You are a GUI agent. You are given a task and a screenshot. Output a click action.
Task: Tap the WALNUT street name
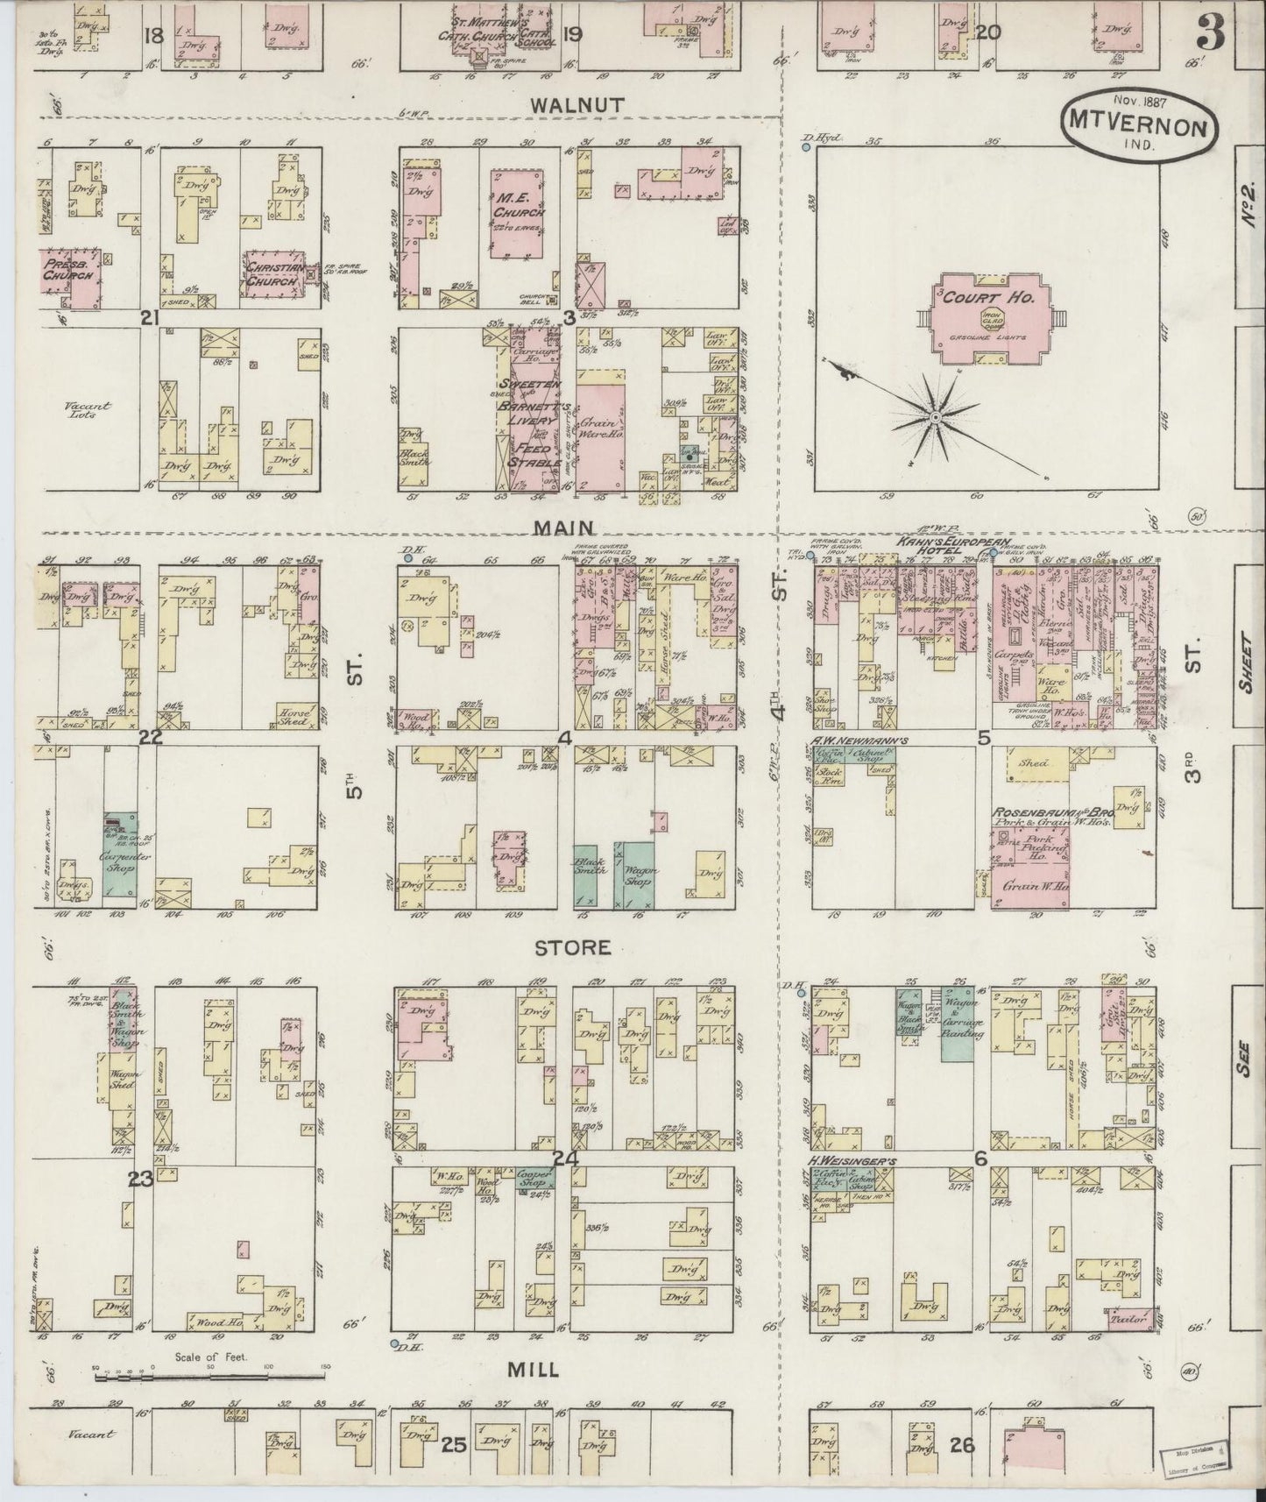pyautogui.click(x=576, y=105)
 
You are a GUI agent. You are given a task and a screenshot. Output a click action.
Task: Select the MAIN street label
pyautogui.click(x=576, y=528)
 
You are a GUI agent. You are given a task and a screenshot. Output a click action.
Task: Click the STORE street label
pyautogui.click(x=572, y=947)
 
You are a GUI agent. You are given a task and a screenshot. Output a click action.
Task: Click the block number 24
pyautogui.click(x=571, y=1158)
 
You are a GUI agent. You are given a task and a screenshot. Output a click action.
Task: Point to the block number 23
pyautogui.click(x=140, y=1180)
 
